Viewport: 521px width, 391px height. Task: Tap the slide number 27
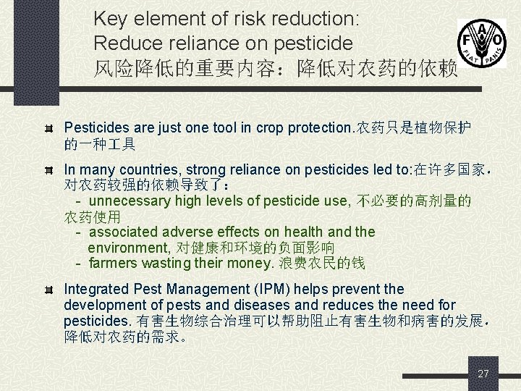pos(483,374)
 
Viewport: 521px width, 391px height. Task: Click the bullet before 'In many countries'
pos(48,171)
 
